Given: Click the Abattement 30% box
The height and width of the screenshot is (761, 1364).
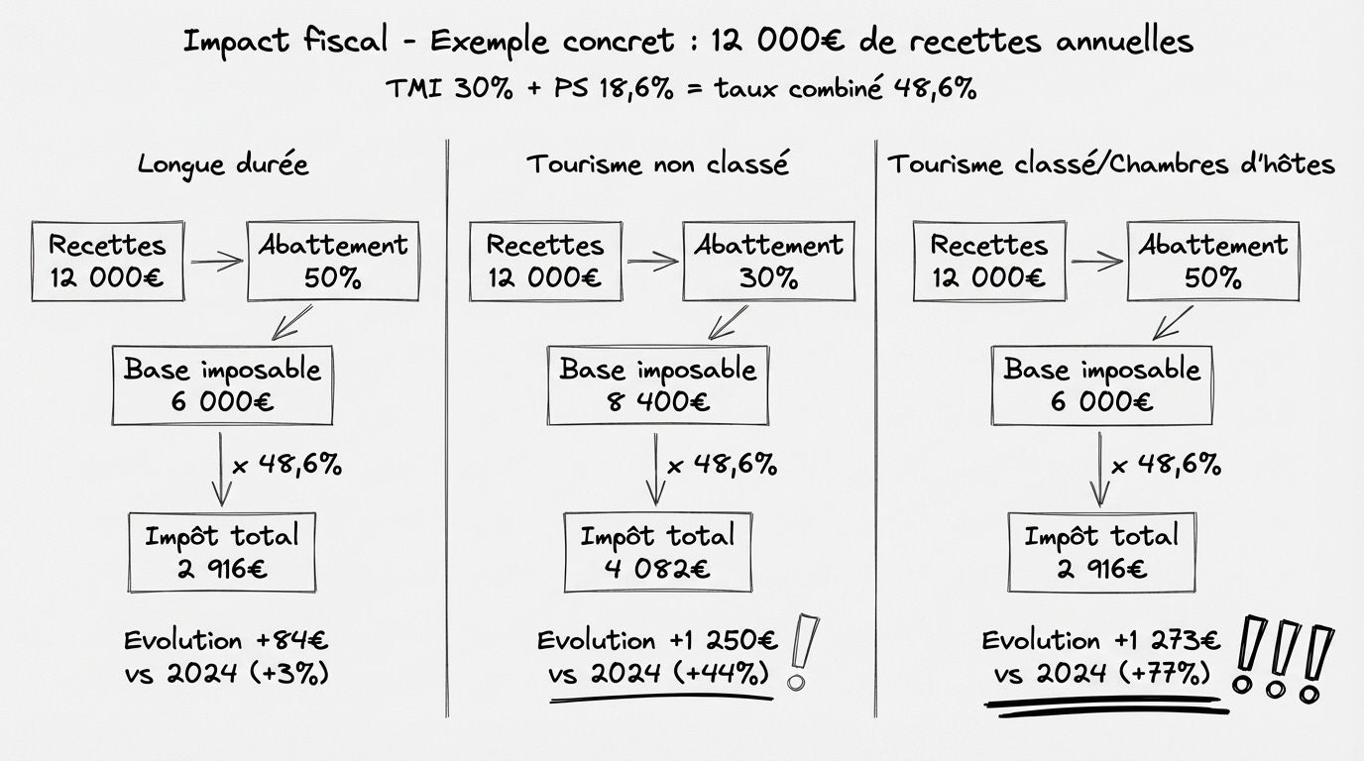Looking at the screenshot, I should coord(768,260).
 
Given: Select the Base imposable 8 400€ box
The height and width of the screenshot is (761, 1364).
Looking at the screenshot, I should coord(657,385).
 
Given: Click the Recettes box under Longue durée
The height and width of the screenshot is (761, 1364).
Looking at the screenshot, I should coord(107,261).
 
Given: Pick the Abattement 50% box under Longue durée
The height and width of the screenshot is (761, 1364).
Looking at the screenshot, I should coord(332,261).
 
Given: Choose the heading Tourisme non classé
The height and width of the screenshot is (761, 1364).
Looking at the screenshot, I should coord(657,163).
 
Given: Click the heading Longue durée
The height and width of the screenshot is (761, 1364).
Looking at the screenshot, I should coord(223,163).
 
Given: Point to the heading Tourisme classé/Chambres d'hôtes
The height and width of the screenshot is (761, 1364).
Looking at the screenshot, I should coord(1110,163).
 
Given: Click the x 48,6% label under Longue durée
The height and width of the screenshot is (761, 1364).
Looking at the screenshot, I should coord(287,464).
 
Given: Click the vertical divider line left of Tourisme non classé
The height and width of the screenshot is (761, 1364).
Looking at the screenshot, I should coord(449,426).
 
